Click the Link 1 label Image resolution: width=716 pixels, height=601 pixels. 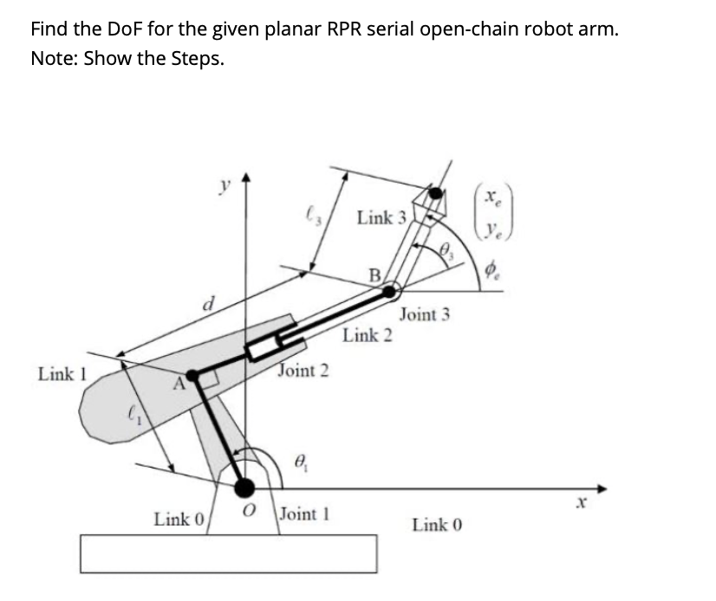coord(63,374)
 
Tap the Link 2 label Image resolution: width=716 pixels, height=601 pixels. coord(368,334)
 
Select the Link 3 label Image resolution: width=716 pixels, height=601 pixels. coord(381,217)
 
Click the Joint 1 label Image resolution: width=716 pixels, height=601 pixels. coord(306,514)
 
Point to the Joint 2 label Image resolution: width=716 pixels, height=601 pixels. coord(303,371)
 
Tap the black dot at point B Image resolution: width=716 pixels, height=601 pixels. coord(391,291)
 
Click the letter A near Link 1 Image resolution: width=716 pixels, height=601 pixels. coord(180,382)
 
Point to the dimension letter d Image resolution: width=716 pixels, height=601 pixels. coord(207,304)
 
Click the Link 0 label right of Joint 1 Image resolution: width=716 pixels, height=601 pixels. coord(438,524)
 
